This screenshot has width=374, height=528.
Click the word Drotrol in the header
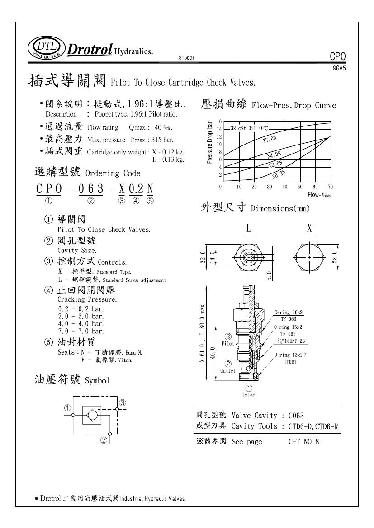[90, 50]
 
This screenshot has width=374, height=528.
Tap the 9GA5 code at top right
[339, 68]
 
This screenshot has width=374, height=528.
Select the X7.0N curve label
[270, 138]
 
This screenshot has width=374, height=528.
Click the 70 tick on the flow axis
[331, 186]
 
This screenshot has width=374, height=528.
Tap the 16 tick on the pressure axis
[219, 122]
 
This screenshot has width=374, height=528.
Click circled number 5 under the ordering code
[150, 201]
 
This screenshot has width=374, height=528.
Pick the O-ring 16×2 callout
[289, 313]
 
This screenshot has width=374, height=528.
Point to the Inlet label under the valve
[249, 395]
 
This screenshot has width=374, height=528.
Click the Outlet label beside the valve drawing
[228, 371]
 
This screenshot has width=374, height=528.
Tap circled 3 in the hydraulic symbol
[122, 403]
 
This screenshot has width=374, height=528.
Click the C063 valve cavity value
[296, 415]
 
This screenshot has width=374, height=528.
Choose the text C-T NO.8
[303, 442]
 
